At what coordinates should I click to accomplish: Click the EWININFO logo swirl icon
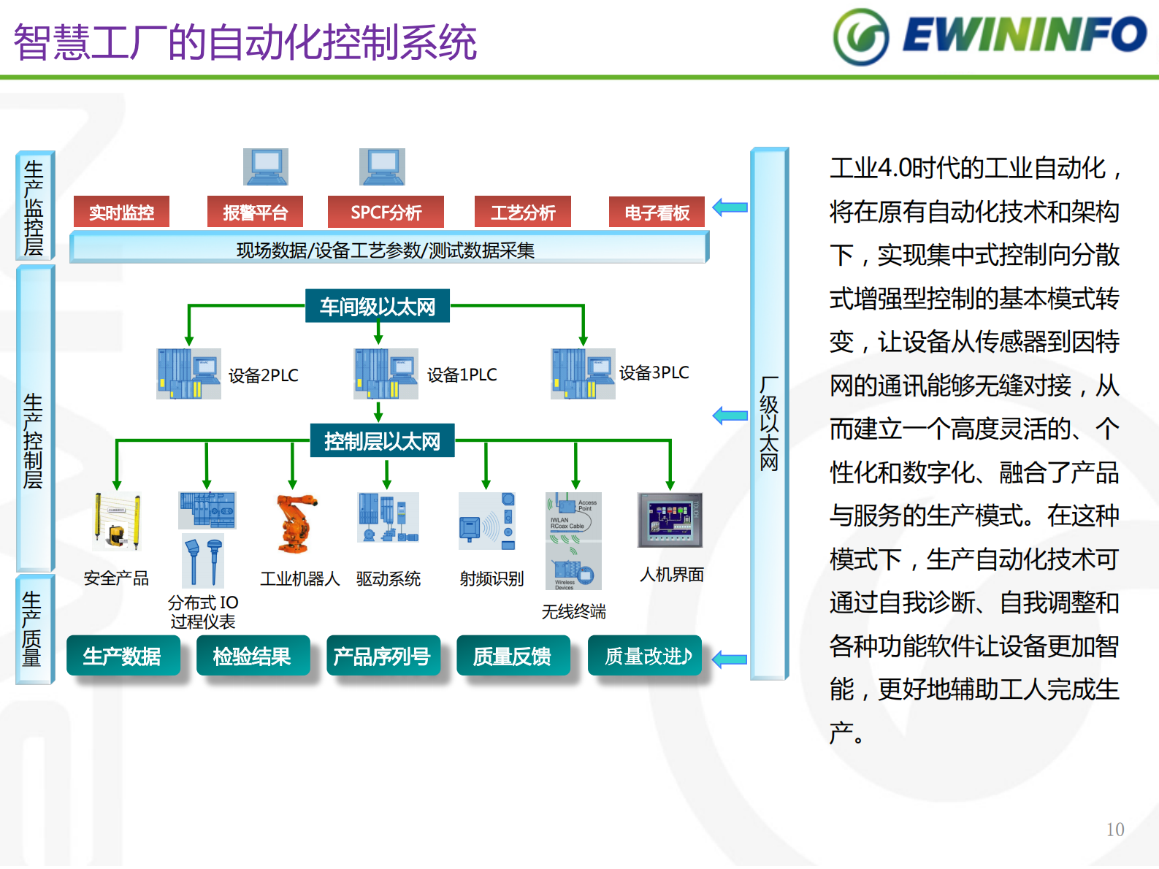pyautogui.click(x=861, y=37)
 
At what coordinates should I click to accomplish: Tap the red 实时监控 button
pyautogui.click(x=121, y=213)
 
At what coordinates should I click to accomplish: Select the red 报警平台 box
pyautogui.click(x=255, y=213)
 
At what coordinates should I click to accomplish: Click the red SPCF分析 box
pyautogui.click(x=386, y=213)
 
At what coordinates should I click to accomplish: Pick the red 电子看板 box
pyautogui.click(x=657, y=213)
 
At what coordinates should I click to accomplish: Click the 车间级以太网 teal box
pyautogui.click(x=377, y=306)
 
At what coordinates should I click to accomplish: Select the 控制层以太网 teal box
pyautogui.click(x=382, y=441)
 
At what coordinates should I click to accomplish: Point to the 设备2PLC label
pyautogui.click(x=263, y=375)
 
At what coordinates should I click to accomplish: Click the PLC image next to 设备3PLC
pyautogui.click(x=583, y=373)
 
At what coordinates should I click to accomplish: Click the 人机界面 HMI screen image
pyautogui.click(x=670, y=520)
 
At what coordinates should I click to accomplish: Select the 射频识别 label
pyautogui.click(x=491, y=579)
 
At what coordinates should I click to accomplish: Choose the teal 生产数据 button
pyautogui.click(x=123, y=656)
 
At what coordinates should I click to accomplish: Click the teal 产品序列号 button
pyautogui.click(x=383, y=656)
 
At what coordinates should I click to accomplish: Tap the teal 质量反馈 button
pyautogui.click(x=513, y=656)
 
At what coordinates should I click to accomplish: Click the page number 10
pyautogui.click(x=1114, y=830)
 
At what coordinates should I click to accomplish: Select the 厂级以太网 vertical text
pyautogui.click(x=769, y=424)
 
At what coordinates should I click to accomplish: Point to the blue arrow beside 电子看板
pyautogui.click(x=730, y=207)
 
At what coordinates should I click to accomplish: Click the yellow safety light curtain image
pyautogui.click(x=117, y=520)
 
